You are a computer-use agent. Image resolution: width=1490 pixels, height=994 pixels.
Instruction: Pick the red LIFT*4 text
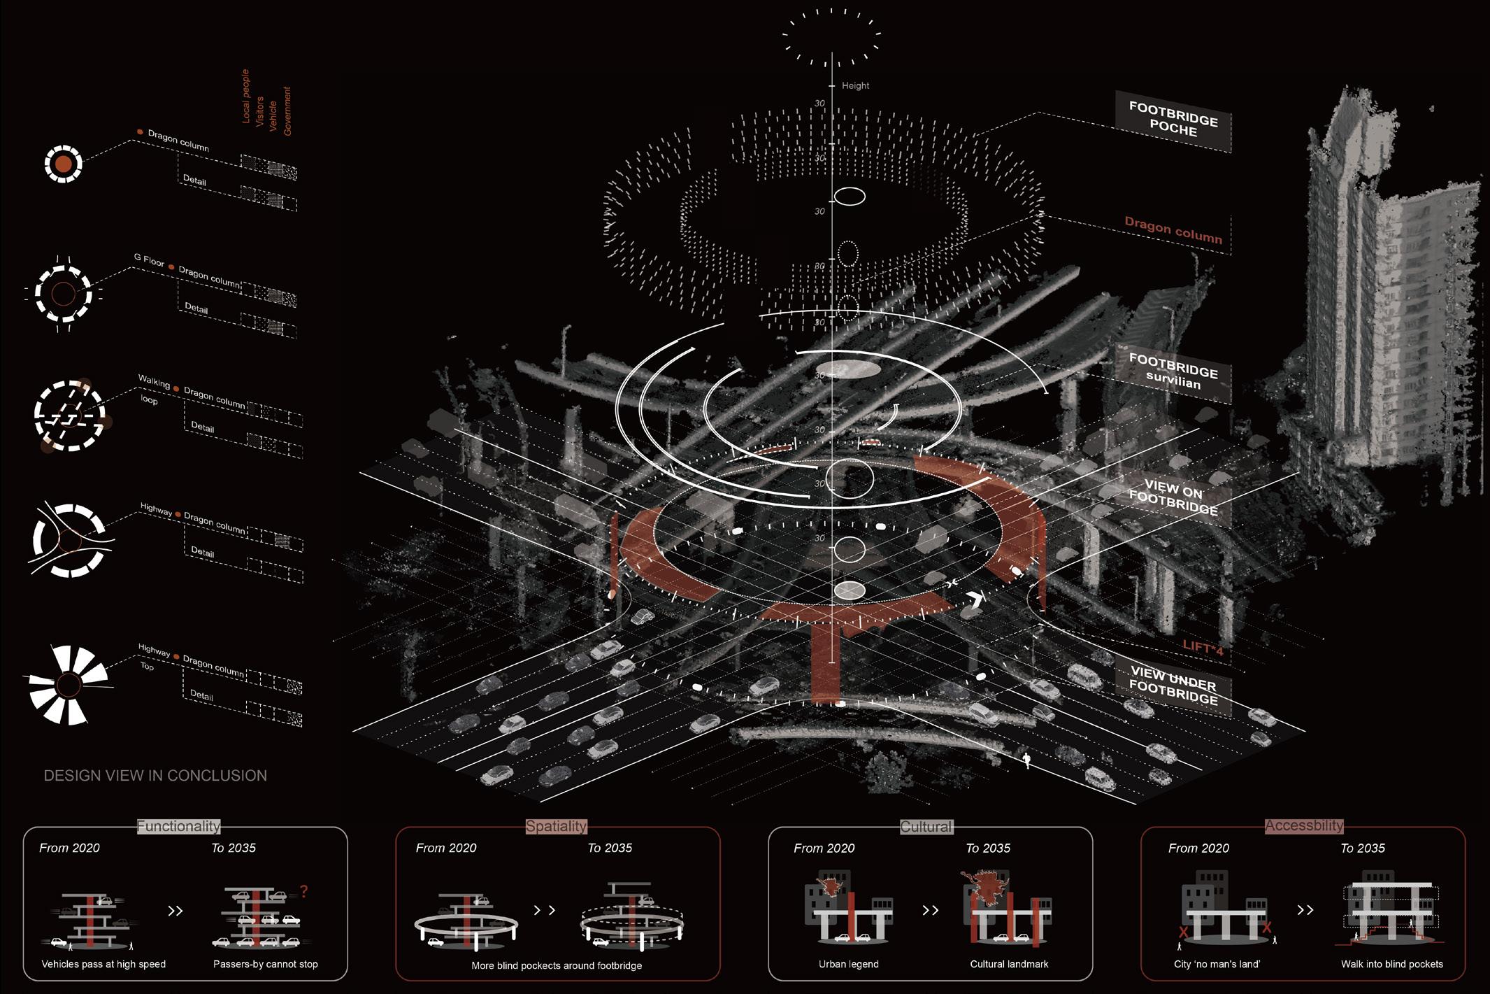(1203, 648)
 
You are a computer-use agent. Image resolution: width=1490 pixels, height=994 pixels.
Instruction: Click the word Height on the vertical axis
(855, 85)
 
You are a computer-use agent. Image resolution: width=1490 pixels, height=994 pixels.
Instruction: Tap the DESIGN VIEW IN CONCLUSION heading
(155, 776)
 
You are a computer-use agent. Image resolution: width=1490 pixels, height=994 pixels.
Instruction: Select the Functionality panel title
(178, 826)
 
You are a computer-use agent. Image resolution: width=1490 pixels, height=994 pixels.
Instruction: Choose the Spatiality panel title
(556, 826)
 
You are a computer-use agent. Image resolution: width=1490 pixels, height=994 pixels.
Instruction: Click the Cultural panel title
(926, 827)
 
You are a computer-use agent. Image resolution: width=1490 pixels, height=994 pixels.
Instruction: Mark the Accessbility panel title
(1304, 825)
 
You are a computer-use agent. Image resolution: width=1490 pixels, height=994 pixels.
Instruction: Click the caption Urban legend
(848, 964)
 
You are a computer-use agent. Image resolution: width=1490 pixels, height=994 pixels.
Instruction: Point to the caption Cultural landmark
(1009, 964)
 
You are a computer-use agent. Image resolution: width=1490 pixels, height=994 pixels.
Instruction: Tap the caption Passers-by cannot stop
(265, 964)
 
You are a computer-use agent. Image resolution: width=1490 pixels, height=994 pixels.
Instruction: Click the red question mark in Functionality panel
(303, 892)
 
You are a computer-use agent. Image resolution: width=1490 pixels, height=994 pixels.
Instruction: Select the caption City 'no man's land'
(1217, 964)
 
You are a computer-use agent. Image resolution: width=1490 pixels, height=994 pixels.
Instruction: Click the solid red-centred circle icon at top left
(63, 164)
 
